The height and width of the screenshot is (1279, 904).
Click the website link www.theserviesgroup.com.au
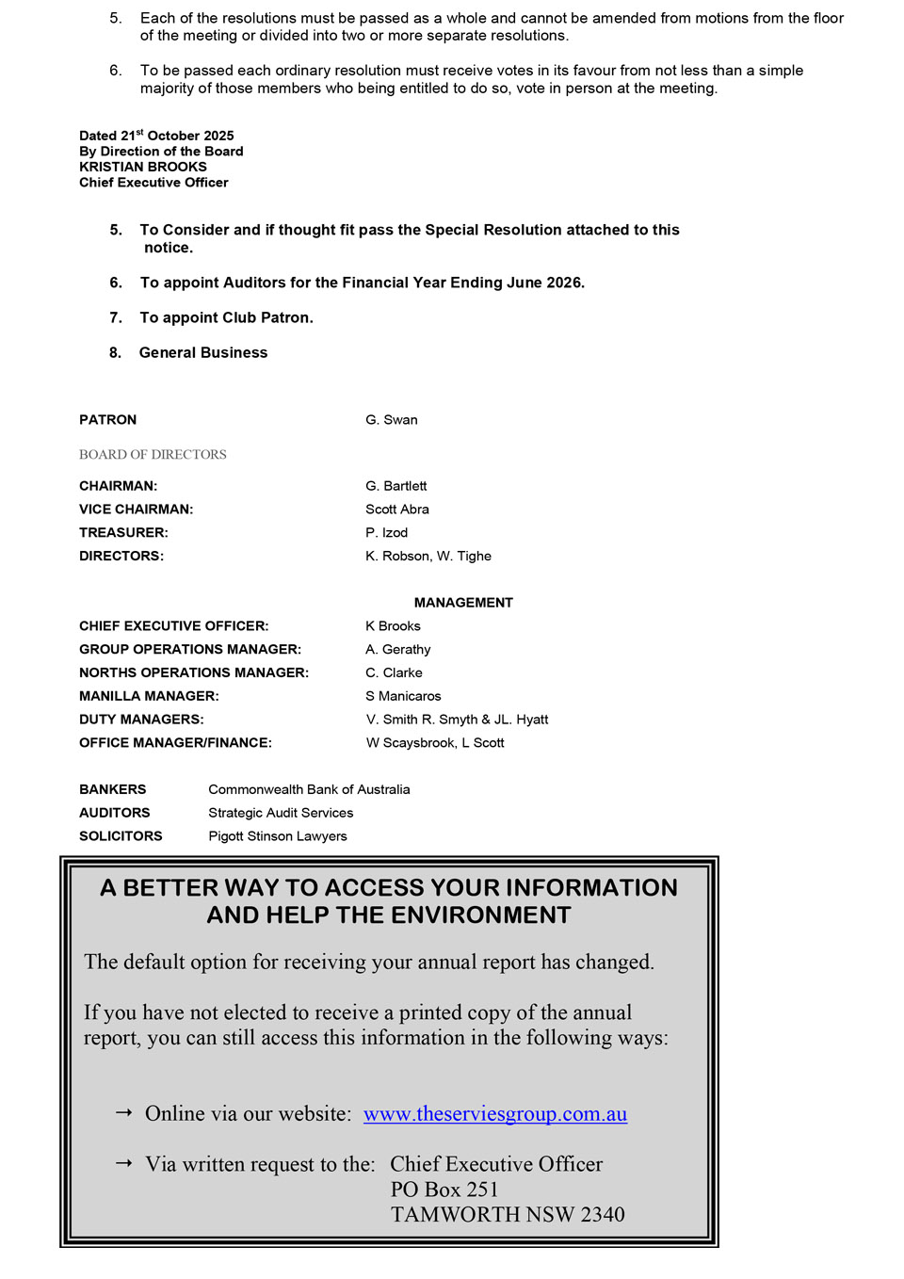[x=494, y=1114]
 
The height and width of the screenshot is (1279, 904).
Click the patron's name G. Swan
[x=391, y=420]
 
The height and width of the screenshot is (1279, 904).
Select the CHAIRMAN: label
[x=118, y=486]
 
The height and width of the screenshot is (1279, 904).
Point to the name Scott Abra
[x=396, y=510]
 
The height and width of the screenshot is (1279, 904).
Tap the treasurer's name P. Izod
[x=386, y=533]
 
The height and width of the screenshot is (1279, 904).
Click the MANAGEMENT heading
[x=463, y=603]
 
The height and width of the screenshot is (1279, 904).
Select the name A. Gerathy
[x=397, y=650]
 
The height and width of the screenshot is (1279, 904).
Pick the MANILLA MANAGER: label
[x=149, y=696]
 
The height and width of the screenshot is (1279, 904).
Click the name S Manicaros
[x=403, y=696]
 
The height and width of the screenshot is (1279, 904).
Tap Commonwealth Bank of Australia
[x=309, y=789]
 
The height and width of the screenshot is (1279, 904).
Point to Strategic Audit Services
[x=281, y=813]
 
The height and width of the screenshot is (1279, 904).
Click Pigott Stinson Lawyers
[x=277, y=836]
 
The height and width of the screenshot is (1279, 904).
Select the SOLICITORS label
[x=121, y=836]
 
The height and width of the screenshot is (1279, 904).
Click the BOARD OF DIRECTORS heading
[x=153, y=455]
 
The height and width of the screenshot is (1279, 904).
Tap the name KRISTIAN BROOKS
[x=143, y=167]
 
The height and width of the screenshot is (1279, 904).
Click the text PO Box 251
[x=444, y=1190]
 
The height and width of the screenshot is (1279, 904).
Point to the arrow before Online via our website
[x=123, y=1113]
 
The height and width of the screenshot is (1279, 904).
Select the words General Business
[x=203, y=353]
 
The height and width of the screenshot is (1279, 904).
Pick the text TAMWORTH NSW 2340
[x=508, y=1215]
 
